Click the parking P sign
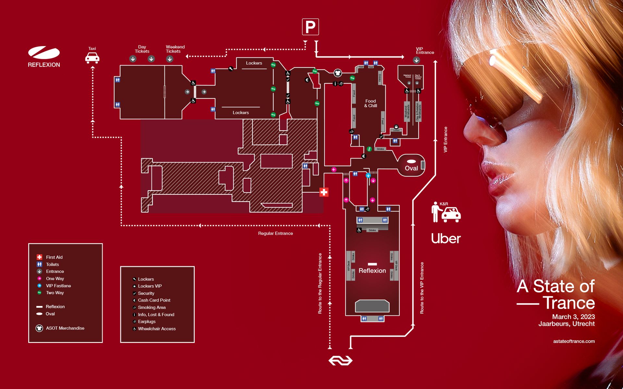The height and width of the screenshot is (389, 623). [310, 27]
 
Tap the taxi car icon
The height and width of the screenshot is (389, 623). [92, 58]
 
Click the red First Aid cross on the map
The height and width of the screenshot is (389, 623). [324, 192]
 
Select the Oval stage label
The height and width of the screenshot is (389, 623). [411, 168]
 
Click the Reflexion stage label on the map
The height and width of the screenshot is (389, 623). [372, 271]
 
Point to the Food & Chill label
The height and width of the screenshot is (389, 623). [371, 103]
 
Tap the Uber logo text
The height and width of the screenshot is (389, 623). [446, 239]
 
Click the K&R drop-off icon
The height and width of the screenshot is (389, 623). [446, 212]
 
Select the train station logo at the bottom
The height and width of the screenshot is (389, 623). [340, 360]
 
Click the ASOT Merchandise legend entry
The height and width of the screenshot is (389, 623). [65, 328]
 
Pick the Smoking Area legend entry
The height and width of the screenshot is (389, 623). [152, 307]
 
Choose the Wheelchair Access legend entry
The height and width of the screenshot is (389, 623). [157, 329]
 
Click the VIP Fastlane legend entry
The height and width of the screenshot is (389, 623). [58, 286]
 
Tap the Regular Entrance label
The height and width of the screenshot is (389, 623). [275, 233]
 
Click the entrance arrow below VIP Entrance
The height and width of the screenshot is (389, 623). [416, 60]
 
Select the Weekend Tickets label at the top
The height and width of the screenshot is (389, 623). [175, 49]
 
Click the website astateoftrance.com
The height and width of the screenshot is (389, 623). [574, 341]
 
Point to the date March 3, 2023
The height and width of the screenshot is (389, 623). [573, 317]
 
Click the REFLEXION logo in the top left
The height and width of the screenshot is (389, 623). [44, 57]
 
